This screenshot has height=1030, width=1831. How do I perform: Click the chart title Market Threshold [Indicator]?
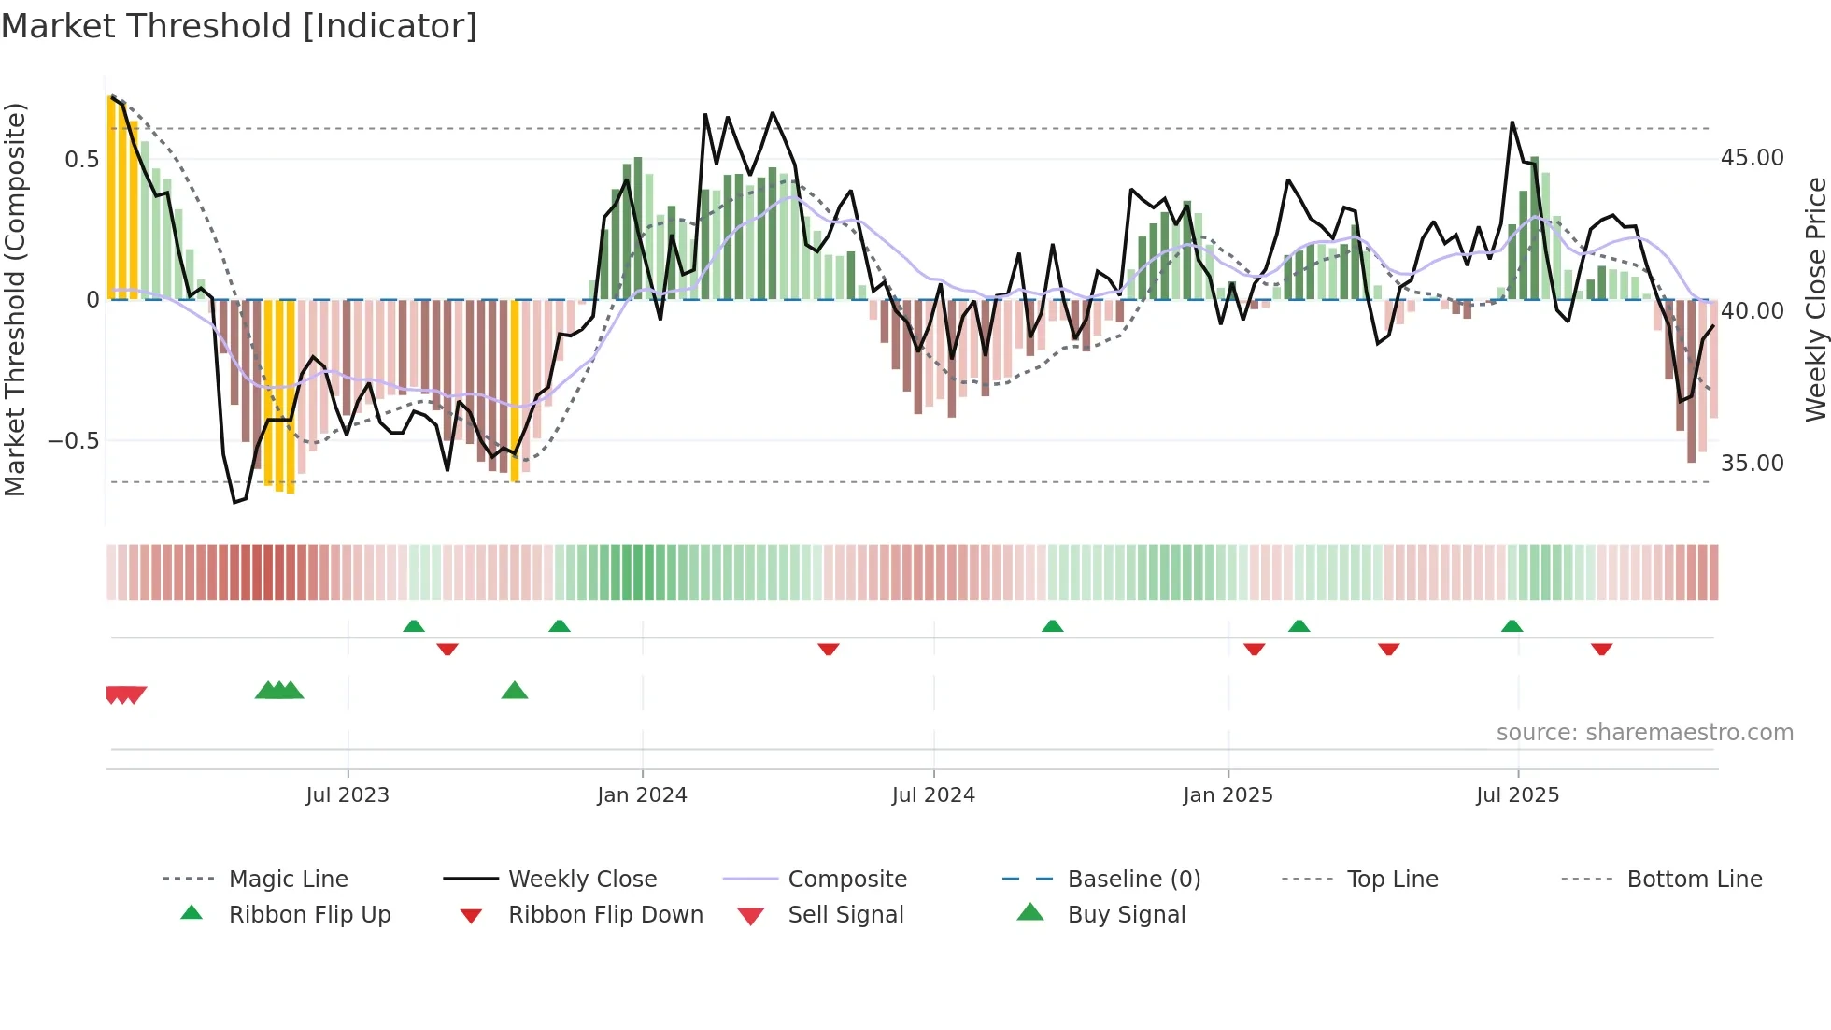239,26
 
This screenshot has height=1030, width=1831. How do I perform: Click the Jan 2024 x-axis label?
642,795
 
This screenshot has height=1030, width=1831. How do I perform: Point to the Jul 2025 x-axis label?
1517,795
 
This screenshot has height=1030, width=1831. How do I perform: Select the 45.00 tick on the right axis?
1752,158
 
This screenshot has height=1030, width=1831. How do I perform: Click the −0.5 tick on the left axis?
74,440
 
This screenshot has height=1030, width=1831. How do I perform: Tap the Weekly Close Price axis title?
1815,299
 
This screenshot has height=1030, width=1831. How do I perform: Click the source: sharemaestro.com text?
1644,733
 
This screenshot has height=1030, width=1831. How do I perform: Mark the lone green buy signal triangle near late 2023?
515,692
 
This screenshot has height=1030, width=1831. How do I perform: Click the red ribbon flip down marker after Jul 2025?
1601,649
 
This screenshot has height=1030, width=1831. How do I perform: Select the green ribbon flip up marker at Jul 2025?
1512,626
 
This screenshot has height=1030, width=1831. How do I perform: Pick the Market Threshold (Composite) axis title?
15,299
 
